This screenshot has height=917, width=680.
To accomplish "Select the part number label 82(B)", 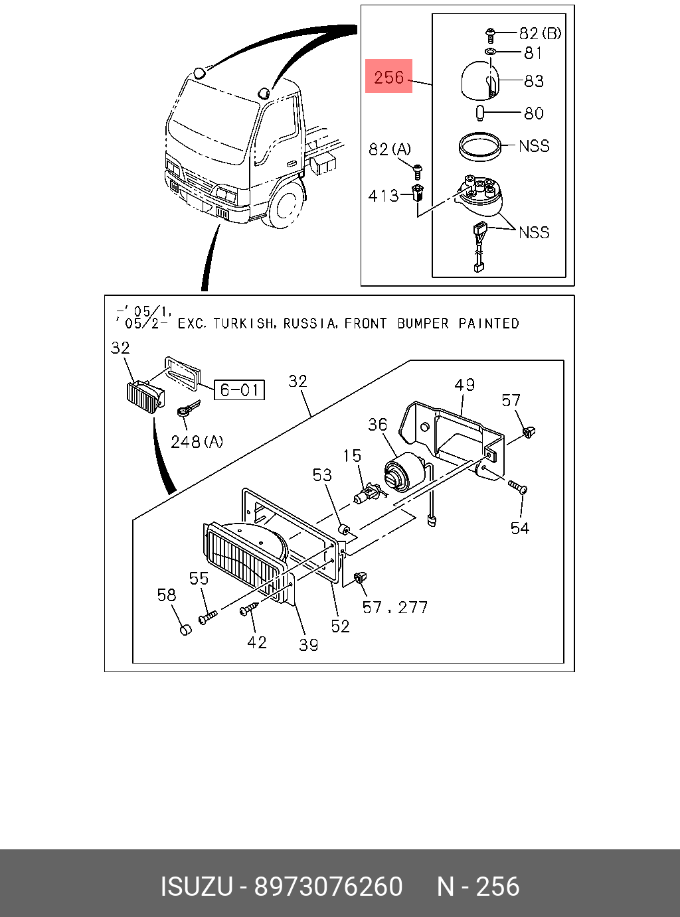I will (x=539, y=33).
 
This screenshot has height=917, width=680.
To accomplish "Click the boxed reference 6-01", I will (x=239, y=389).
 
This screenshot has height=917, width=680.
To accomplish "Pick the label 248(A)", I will (x=197, y=441).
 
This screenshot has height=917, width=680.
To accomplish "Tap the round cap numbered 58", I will (x=185, y=628).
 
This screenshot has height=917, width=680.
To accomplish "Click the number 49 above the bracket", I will (x=465, y=385).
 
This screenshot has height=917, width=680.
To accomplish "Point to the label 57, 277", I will (x=395, y=607).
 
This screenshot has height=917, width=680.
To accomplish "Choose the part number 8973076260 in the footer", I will (x=329, y=886).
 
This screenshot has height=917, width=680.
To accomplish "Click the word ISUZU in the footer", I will (x=197, y=886).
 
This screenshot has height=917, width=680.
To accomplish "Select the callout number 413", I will (x=383, y=196).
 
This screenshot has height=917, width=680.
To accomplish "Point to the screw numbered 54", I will (x=518, y=488).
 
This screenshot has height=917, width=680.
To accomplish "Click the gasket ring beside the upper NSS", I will (x=479, y=146).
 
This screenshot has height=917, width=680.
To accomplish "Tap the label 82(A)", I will (x=390, y=149).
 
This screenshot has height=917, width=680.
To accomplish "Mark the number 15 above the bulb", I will (x=352, y=456).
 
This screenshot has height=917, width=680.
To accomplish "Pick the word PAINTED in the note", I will (x=489, y=324).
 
